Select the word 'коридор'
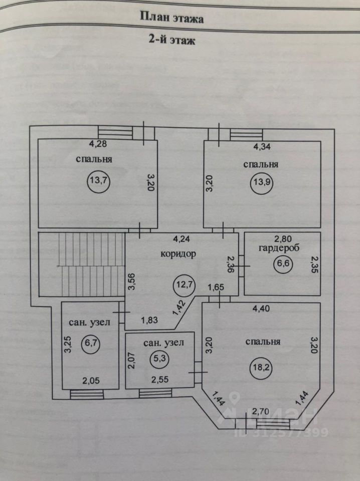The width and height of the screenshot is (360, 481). click(x=178, y=254)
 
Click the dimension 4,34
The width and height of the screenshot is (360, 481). click(x=263, y=147)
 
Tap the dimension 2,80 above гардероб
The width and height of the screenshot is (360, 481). click(x=282, y=238)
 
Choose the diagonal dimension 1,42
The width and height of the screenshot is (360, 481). click(x=179, y=307)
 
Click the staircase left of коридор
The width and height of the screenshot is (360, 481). click(x=82, y=264)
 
